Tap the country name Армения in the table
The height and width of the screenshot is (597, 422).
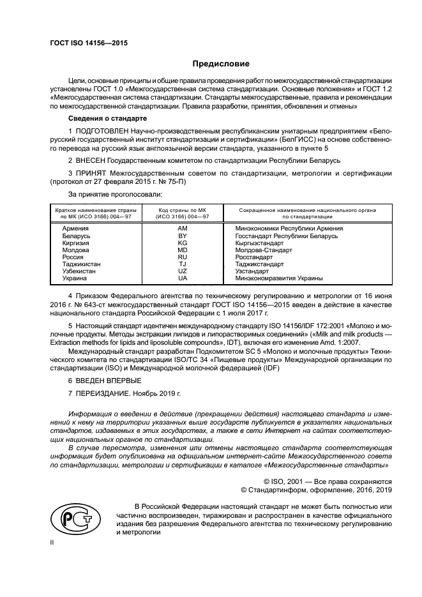click(75, 228)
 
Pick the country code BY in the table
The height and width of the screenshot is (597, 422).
click(182, 236)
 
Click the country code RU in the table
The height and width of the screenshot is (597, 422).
click(182, 257)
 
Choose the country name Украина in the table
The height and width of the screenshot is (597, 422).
click(75, 278)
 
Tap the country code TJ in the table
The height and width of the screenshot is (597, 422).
click(182, 264)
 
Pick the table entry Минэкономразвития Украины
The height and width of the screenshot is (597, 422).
click(278, 278)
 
